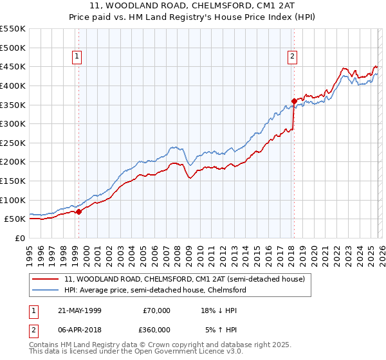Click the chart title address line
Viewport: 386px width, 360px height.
click(x=193, y=6)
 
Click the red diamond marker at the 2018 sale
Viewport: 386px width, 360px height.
click(x=294, y=101)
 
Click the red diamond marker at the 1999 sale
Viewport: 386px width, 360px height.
click(x=78, y=211)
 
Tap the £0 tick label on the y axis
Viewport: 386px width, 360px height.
click(x=19, y=238)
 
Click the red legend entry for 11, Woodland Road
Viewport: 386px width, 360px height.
click(x=188, y=279)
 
